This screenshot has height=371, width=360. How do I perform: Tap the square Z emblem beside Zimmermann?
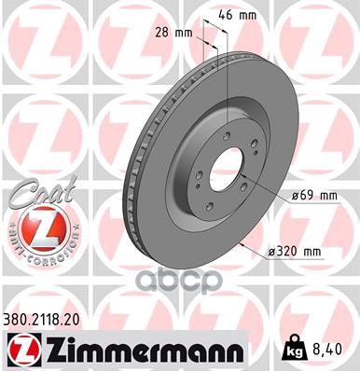click(19, 350)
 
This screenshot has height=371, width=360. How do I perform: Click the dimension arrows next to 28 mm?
click(211, 43)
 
